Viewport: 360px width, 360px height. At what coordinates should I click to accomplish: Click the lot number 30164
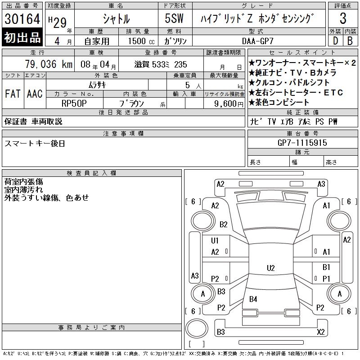(x=22, y=19)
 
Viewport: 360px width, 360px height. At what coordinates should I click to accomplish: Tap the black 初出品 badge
(x=22, y=38)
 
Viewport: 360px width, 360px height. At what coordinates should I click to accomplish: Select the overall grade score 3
(x=343, y=19)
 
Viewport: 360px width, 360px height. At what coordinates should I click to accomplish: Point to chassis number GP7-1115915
(x=302, y=143)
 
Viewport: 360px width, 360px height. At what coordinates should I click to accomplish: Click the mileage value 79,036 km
(x=49, y=64)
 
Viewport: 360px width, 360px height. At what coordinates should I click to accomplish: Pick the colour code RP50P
(x=74, y=103)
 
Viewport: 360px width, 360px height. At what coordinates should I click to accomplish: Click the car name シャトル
(x=116, y=19)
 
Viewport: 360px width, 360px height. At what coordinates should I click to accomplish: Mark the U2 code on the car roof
(x=270, y=268)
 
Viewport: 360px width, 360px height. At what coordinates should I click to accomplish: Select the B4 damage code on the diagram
(x=253, y=299)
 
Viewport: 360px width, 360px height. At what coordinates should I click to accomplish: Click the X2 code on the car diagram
(x=321, y=332)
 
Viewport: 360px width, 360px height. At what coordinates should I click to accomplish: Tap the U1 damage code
(x=215, y=241)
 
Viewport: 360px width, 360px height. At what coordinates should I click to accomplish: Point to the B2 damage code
(x=224, y=224)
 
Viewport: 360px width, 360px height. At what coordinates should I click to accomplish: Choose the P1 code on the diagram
(x=326, y=279)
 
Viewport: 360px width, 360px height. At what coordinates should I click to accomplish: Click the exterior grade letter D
(x=335, y=40)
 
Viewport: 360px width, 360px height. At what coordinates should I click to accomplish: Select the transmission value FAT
(x=12, y=94)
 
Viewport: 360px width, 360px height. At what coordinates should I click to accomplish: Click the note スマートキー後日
(x=35, y=143)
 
